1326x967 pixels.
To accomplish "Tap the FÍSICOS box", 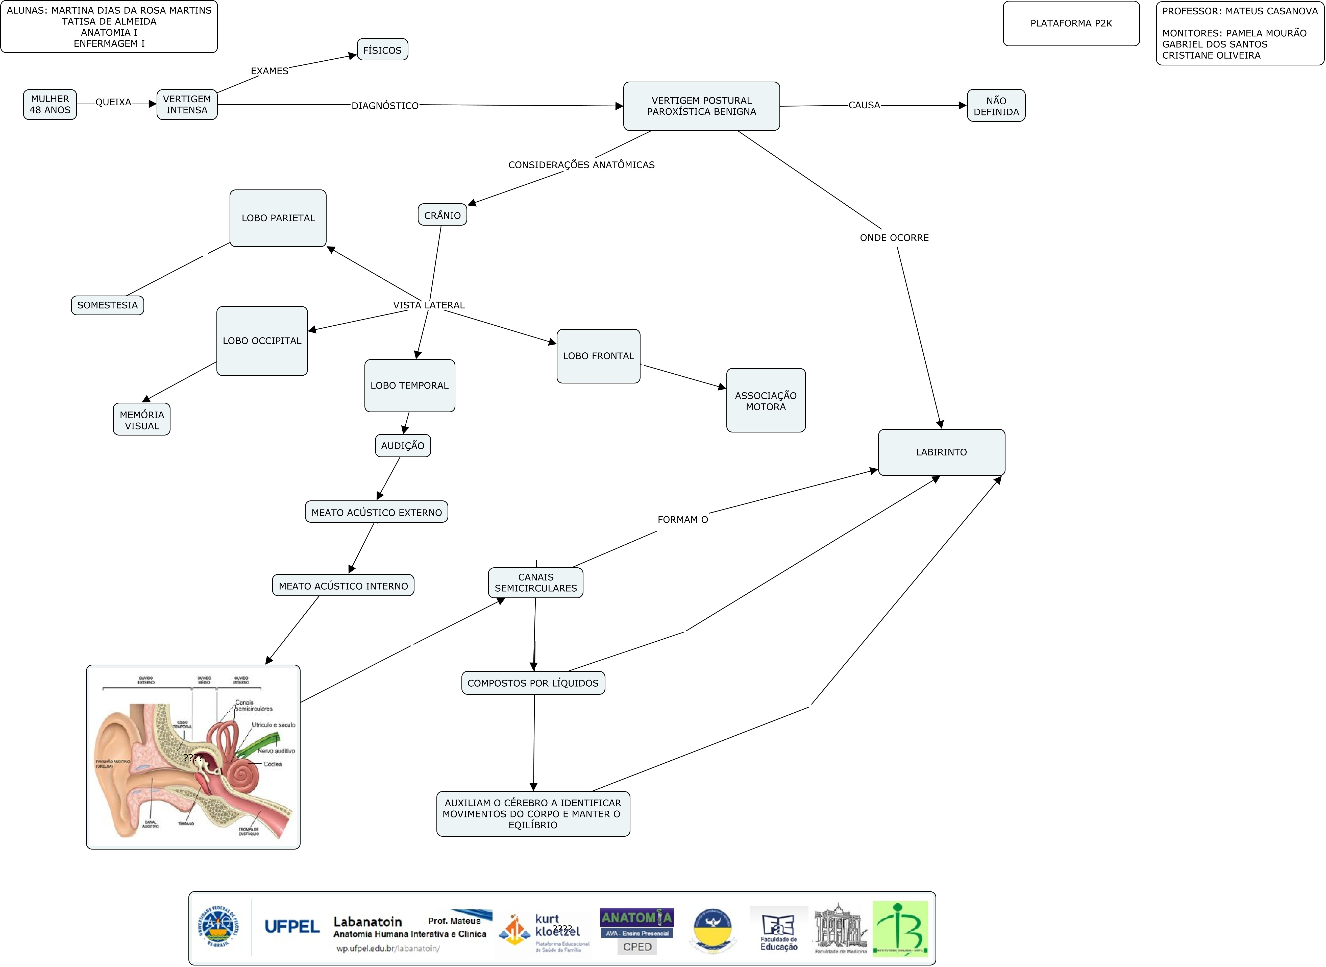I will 382,50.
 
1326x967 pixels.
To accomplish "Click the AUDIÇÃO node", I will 403,445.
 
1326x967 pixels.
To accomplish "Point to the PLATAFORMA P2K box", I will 1071,23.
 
